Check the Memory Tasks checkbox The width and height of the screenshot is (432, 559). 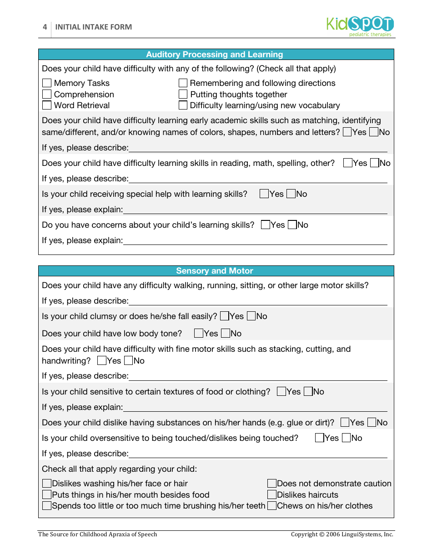(47, 83)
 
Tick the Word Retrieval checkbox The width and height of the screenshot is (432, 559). (47, 105)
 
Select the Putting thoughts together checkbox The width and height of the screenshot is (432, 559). (183, 95)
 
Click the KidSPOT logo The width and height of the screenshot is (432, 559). (360, 26)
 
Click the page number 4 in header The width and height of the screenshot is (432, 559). (45, 27)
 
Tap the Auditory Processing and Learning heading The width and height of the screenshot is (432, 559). (215, 55)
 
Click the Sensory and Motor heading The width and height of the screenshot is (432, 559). (215, 271)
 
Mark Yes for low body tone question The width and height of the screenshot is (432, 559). (199, 334)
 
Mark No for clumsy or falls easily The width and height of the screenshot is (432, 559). (251, 316)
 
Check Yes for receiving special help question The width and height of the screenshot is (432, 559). (264, 194)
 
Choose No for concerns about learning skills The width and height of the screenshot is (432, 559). (292, 225)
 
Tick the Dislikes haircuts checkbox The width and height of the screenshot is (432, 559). (272, 495)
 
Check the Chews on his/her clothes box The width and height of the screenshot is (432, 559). (272, 506)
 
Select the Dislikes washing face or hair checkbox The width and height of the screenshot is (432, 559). (47, 484)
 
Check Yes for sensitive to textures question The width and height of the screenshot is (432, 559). (281, 392)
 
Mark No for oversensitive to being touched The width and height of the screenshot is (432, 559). (347, 438)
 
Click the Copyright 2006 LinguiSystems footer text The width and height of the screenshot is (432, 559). (342, 534)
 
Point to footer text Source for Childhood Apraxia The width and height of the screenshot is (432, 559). (98, 534)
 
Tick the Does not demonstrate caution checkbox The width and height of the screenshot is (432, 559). (272, 484)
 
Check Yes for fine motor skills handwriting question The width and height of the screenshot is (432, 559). (102, 361)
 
